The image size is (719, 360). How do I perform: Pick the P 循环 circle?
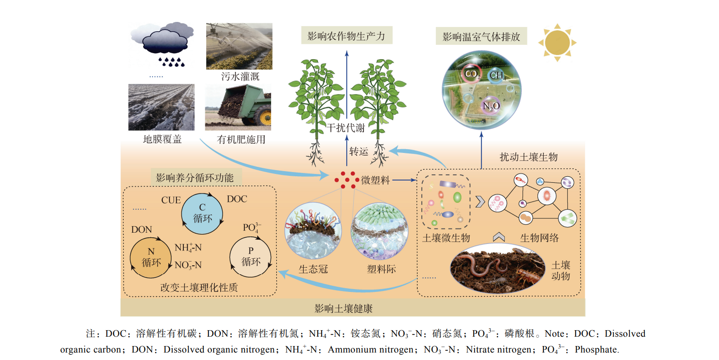pyautogui.click(x=250, y=257)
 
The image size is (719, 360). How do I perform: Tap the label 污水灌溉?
pyautogui.click(x=240, y=77)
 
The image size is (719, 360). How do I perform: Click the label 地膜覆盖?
pyautogui.click(x=162, y=139)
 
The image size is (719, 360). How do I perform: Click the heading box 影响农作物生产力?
pyautogui.click(x=346, y=35)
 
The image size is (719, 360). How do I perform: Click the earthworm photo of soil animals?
pyautogui.click(x=497, y=269)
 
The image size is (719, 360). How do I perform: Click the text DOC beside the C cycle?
pyautogui.click(x=237, y=199)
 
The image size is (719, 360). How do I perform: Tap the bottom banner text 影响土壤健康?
pyautogui.click(x=343, y=308)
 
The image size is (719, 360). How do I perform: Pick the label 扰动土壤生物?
pyautogui.click(x=528, y=157)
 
